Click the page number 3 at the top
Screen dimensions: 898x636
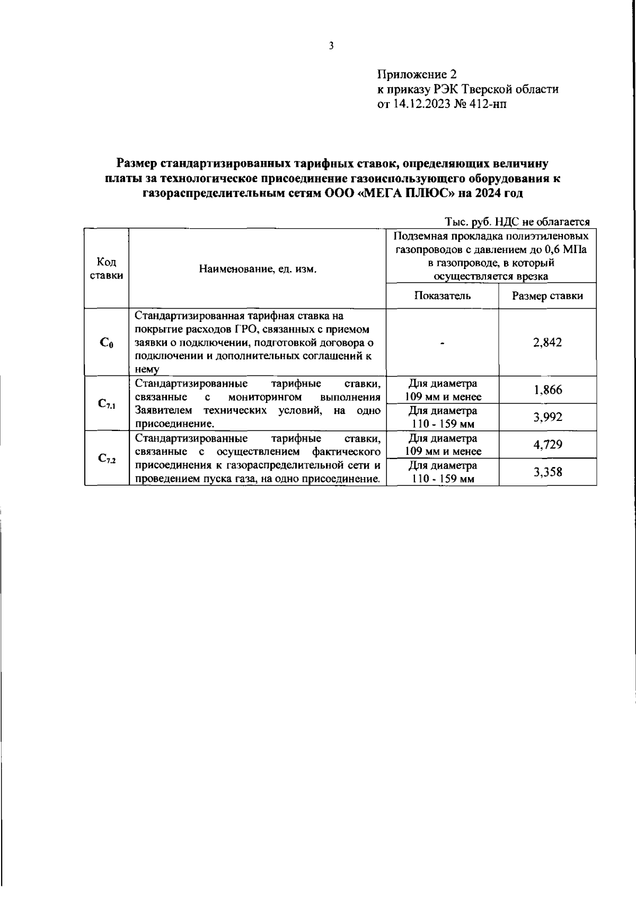coord(331,46)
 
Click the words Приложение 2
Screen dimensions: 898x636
coord(416,75)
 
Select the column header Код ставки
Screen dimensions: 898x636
coord(107,268)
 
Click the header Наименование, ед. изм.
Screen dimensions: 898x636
coord(258,269)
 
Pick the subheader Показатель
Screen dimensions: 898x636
coord(442,296)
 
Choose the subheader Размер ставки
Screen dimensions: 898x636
coord(547,296)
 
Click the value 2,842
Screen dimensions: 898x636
coord(547,343)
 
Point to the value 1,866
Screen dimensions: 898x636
coord(547,390)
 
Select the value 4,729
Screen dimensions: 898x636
coord(547,445)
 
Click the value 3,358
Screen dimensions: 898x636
coord(547,472)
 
